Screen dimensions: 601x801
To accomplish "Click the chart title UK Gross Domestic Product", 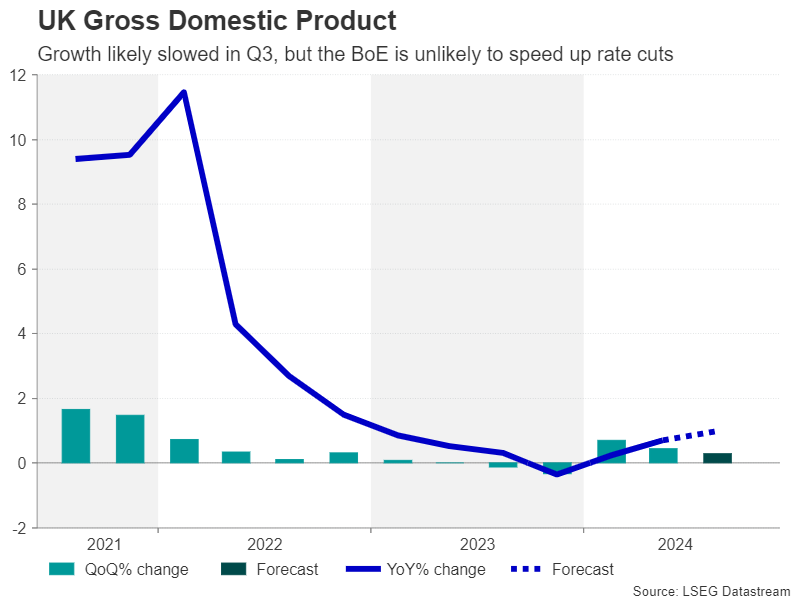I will click(216, 20).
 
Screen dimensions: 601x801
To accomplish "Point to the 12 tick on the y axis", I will click(20, 75).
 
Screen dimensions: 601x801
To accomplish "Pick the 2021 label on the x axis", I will click(104, 545).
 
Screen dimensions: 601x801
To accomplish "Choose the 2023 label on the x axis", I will click(477, 545).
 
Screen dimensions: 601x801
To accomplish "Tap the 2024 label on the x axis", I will click(677, 545).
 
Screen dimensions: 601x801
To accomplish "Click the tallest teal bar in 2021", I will click(76, 436).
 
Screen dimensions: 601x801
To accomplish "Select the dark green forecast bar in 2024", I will click(717, 458).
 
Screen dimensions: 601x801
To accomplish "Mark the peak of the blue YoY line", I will click(183, 92).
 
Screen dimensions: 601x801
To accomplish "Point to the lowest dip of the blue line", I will click(557, 474).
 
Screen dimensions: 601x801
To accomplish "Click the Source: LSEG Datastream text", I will click(711, 592).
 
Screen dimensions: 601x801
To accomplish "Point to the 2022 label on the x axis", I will click(264, 545).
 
